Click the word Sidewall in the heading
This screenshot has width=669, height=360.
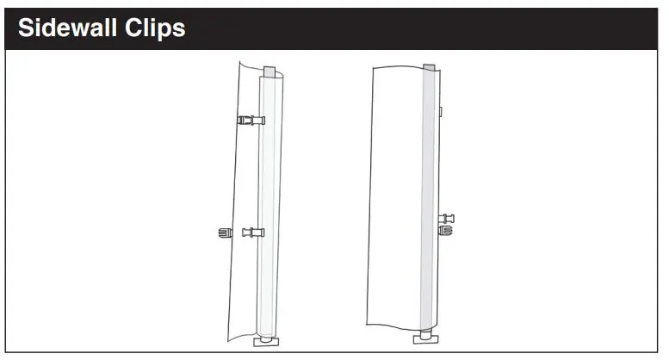pos(67,28)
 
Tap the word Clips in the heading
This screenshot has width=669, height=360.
pos(155,29)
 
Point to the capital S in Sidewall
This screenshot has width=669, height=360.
pos(26,28)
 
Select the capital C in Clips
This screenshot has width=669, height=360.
pos(133,28)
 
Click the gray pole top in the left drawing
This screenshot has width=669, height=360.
pos(270,71)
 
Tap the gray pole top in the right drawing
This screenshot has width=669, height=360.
pos(429,67)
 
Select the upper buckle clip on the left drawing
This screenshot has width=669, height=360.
pos(251,121)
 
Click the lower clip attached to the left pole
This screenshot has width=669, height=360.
pos(253,233)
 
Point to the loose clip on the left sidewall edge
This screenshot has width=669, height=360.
pos(225,233)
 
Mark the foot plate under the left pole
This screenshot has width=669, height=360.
pos(266,342)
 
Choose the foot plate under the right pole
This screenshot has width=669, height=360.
pos(426,339)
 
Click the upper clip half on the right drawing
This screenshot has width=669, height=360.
pos(446,219)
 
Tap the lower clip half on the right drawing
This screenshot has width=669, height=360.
pos(446,231)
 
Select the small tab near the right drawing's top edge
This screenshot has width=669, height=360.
pos(440,112)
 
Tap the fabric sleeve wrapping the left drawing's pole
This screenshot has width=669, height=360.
pos(269,205)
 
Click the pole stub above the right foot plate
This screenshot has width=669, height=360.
pos(426,333)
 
